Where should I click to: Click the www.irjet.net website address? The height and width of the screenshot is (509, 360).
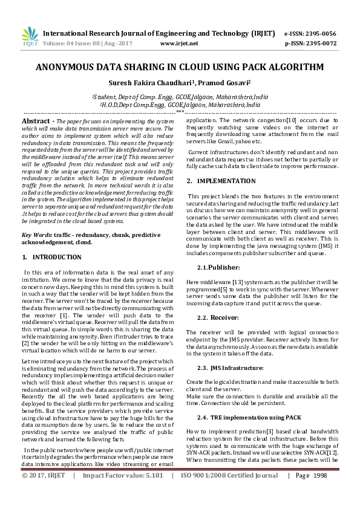[x=179, y=44]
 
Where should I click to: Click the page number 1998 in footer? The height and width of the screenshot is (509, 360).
[x=319, y=493]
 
